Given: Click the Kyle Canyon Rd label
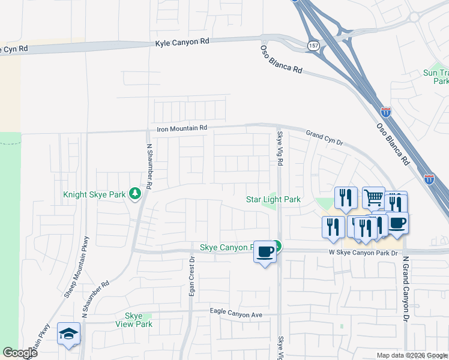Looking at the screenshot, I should pos(182,42).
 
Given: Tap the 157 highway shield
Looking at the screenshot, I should pos(313,45).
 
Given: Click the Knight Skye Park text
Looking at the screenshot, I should pos(95,194).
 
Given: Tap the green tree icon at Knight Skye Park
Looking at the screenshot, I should pos(136,193).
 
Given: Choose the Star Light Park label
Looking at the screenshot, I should pos(273,199).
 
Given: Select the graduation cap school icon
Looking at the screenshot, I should pos(68,333).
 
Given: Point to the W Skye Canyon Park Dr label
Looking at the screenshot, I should pos(364,253).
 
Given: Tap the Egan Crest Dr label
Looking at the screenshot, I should pos(192,281).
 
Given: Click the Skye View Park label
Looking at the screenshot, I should pos(134,320).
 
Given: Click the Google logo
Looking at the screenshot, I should pos(20,353).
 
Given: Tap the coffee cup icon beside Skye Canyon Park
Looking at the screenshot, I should pos(265,251).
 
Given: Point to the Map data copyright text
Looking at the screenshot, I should pos(411,355).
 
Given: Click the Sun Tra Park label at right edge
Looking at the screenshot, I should pos(436,76).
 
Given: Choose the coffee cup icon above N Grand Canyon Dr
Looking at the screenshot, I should pos(397,223).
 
